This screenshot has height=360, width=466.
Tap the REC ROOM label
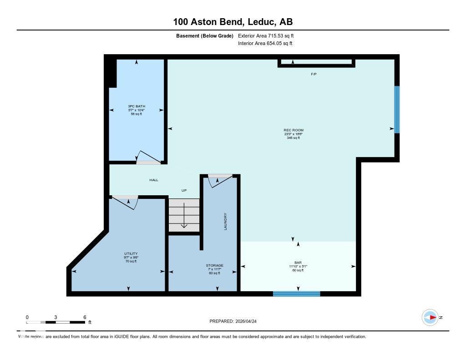click(x=294, y=130)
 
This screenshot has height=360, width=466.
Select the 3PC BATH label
click(x=136, y=106)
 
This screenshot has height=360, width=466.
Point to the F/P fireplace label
click(x=314, y=74)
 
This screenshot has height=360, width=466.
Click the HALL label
click(x=154, y=180)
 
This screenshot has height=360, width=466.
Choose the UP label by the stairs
click(x=184, y=190)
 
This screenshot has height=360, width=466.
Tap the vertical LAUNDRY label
click(x=225, y=221)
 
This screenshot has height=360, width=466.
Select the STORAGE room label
click(x=214, y=265)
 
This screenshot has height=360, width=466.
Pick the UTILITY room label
click(x=131, y=254)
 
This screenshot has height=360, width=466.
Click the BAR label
click(x=298, y=263)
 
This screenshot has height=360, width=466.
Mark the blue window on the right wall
click(x=397, y=109)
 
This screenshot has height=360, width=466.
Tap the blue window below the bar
click(x=297, y=294)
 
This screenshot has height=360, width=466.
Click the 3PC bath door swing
click(x=149, y=157)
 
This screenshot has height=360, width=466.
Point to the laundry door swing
click(x=218, y=181)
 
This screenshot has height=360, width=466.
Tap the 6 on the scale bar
click(x=85, y=317)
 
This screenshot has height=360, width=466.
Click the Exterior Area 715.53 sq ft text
click(x=269, y=35)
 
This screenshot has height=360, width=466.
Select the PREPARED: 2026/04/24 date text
click(x=236, y=321)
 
